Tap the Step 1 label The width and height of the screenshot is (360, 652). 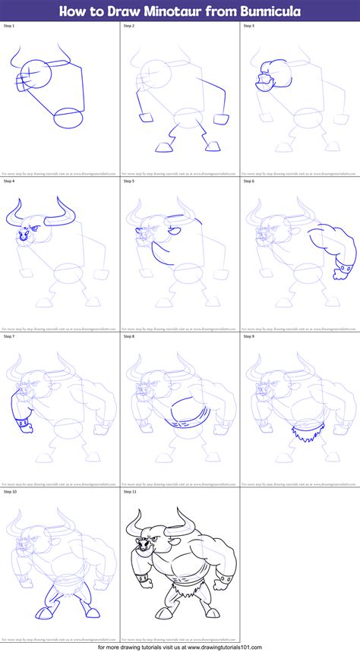coord(10,26)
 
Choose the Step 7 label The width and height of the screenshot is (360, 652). coord(10,336)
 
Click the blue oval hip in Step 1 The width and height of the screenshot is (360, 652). coord(69,118)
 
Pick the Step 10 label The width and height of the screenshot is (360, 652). coord(11,492)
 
